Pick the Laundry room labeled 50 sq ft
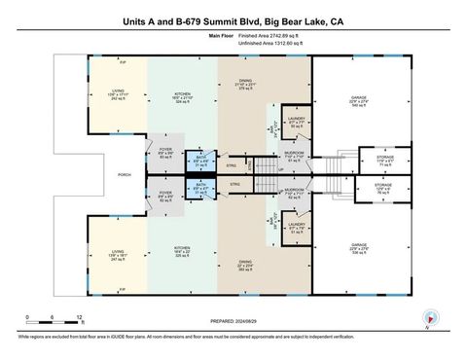pos(297,122)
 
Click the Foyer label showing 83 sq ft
pos(164,153)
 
